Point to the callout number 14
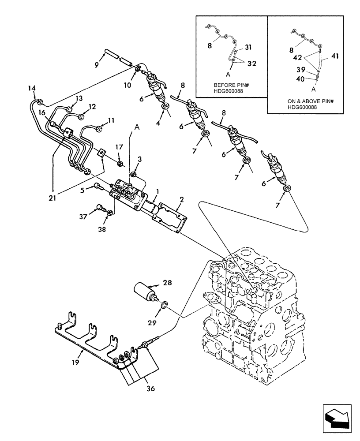pos(32,89)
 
